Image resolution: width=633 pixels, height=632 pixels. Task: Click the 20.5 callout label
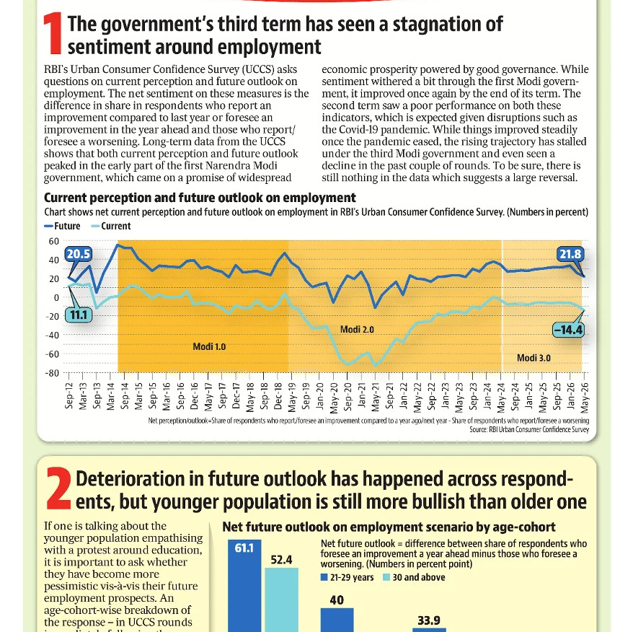78,254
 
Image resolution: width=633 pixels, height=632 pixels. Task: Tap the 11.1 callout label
79,315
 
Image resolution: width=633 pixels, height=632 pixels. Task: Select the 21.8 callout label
570,254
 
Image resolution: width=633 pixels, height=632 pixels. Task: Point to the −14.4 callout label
568,330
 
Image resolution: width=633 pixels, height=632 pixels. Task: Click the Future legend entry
62,227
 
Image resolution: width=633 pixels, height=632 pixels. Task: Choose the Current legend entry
111,227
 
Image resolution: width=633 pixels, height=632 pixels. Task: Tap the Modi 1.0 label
209,347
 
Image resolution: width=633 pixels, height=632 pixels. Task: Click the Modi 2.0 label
357,329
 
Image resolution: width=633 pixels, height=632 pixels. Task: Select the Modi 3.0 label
534,358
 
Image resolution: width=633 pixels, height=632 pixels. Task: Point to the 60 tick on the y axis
53,241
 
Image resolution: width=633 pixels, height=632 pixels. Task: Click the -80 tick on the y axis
52,373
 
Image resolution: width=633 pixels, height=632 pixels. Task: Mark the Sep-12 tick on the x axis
69,395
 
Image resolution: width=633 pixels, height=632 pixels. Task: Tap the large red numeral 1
53,33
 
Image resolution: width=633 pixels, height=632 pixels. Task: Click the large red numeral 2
59,488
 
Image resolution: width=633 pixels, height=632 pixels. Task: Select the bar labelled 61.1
244,586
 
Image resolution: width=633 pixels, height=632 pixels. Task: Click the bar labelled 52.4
281,600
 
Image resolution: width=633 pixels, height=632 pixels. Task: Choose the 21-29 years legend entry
348,577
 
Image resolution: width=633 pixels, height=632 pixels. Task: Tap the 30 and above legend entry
414,577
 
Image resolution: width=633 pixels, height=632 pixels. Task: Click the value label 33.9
429,620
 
